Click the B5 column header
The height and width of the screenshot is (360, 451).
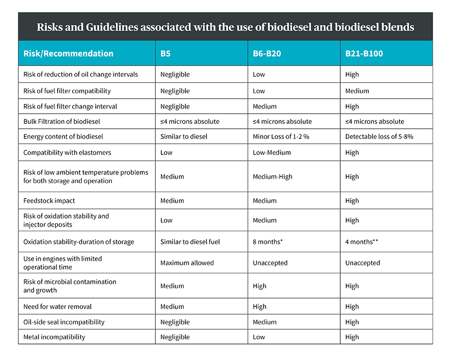tap(165, 54)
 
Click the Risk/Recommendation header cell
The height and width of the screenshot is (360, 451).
tap(68, 54)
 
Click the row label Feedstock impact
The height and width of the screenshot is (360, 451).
tap(49, 201)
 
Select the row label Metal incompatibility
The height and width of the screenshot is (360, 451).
tap(54, 337)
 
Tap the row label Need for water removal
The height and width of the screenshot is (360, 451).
tap(58, 306)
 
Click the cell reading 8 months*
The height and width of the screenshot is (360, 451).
tap(268, 242)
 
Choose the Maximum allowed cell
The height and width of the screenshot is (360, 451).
tap(187, 263)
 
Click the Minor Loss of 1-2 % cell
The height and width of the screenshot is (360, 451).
tap(281, 137)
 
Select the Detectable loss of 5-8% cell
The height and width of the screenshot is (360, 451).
tap(379, 137)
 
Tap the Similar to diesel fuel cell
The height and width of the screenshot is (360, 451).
tap(190, 242)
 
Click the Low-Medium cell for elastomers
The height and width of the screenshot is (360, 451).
tap(272, 152)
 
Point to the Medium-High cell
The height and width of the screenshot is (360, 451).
tap(273, 176)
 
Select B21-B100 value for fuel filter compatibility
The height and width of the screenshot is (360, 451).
tap(357, 91)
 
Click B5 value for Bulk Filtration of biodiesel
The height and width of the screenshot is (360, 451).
tap(190, 121)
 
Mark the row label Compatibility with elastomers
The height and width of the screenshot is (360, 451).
tap(67, 152)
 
